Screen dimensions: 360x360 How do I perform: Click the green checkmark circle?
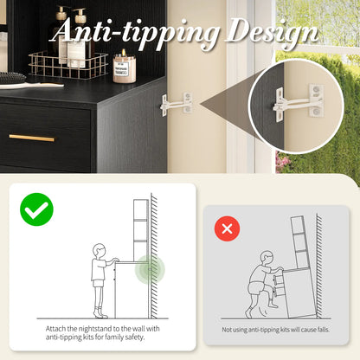[x=36, y=209]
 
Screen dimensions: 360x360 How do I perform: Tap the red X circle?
[x=227, y=228]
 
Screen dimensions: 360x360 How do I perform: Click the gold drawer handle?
[x=32, y=138]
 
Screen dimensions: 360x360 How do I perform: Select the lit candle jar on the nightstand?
[x=124, y=67]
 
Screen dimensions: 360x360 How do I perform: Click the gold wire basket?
[x=68, y=65]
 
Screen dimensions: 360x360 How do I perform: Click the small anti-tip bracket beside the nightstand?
[x=177, y=104]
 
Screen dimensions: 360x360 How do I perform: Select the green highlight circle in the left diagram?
[x=150, y=269]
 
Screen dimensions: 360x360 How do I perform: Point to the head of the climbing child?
[x=267, y=258]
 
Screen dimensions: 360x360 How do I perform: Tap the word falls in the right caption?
[x=323, y=330]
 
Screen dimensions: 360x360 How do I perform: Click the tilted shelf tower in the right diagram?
[x=300, y=241]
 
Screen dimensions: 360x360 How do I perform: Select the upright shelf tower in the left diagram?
[x=141, y=230]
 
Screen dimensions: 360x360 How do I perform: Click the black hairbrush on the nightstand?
[x=12, y=78]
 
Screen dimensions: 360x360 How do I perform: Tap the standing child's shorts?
[x=99, y=283]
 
